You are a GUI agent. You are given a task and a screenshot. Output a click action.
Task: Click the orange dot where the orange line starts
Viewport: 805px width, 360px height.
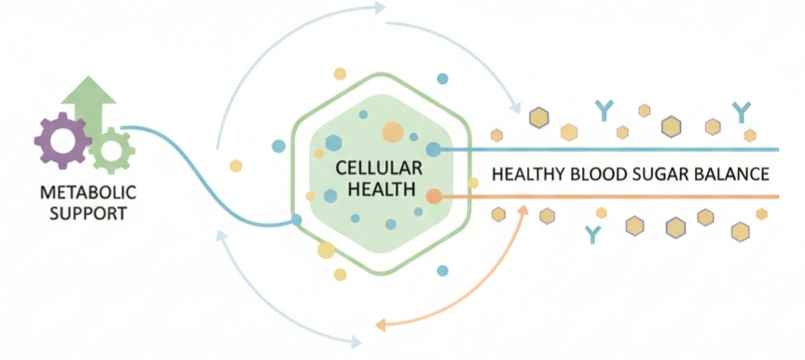(434, 196)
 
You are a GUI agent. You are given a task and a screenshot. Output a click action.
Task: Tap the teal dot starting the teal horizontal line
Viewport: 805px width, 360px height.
(434, 149)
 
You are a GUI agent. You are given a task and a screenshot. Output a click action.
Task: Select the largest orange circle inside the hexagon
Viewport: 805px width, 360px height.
(393, 132)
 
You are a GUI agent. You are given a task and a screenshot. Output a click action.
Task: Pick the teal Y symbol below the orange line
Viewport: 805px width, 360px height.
(591, 233)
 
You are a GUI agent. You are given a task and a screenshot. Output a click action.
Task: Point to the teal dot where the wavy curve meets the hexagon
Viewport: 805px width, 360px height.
(296, 220)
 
